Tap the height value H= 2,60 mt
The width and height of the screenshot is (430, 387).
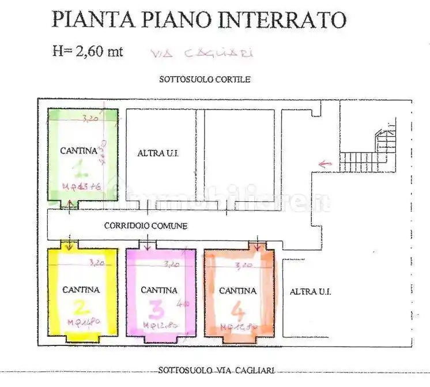point(87,51)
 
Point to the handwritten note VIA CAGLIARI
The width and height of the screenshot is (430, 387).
point(201,54)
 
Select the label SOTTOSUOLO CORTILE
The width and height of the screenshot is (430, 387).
point(205,80)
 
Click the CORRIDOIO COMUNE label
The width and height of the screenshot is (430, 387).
point(145,226)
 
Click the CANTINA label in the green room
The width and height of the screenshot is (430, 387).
point(78,151)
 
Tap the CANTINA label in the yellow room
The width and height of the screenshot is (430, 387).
point(81,290)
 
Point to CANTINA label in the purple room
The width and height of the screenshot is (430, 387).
point(159,290)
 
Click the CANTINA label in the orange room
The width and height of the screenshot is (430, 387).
point(237,291)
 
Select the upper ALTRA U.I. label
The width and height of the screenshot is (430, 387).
point(158,153)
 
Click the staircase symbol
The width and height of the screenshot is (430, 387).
point(369,150)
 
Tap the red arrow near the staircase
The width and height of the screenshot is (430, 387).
point(325,164)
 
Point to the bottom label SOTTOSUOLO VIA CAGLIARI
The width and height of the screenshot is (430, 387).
point(216,370)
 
